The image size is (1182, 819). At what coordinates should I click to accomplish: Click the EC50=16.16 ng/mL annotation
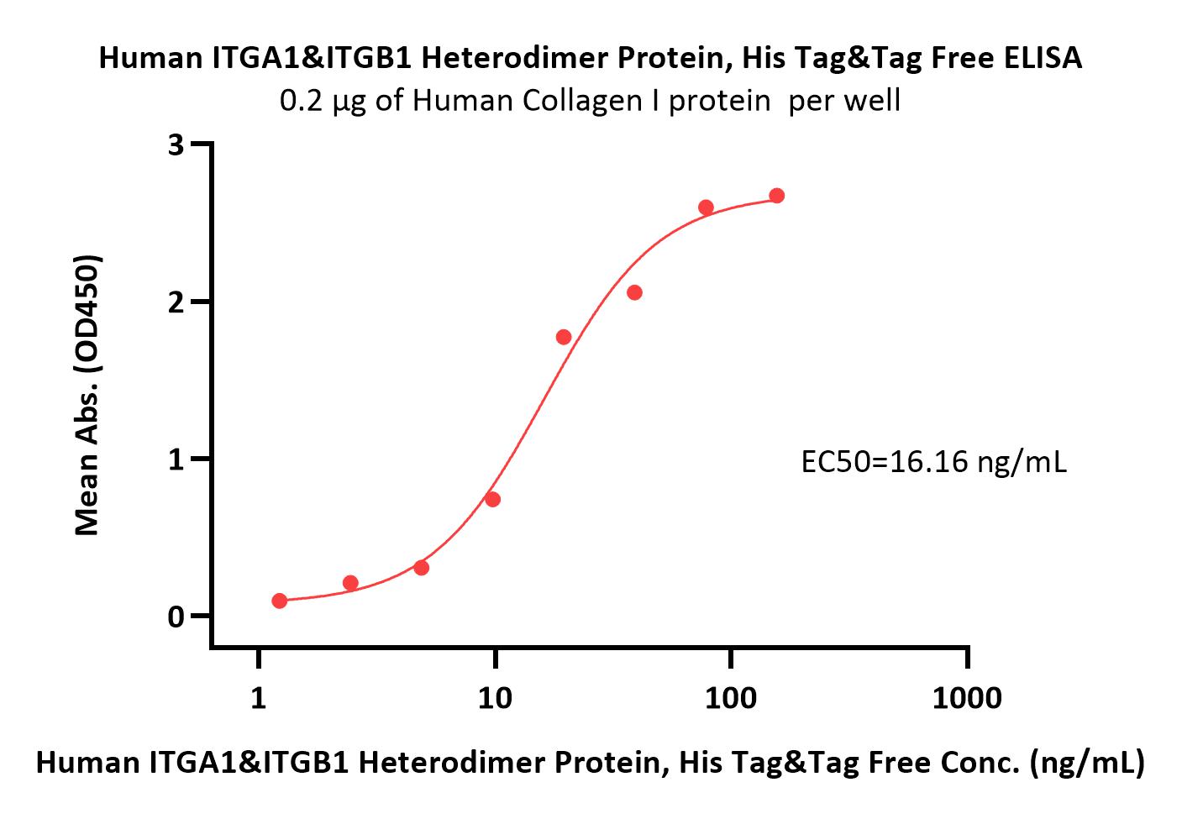(934, 462)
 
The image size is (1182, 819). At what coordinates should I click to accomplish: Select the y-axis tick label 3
(176, 144)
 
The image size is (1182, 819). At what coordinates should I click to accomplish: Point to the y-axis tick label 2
(176, 302)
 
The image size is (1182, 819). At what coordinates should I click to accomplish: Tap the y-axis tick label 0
(176, 617)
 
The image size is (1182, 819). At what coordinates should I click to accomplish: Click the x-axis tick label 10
(495, 698)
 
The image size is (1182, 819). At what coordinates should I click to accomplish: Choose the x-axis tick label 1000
(967, 698)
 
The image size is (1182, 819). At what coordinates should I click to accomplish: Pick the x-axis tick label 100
(731, 698)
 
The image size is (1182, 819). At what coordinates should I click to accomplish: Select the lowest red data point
(280, 601)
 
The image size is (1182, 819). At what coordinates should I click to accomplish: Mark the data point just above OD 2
(635, 292)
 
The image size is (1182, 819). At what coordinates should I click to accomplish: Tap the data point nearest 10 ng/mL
(493, 499)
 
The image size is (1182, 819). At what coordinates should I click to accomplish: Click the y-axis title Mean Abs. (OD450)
(87, 396)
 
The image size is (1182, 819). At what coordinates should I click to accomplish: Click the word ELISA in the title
(1043, 57)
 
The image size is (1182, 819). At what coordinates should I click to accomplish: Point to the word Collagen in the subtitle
(582, 100)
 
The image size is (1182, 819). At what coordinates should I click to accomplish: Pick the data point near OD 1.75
(564, 337)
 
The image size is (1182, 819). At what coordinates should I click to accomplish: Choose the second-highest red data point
(706, 207)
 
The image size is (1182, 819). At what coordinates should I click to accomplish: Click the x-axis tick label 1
(258, 698)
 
